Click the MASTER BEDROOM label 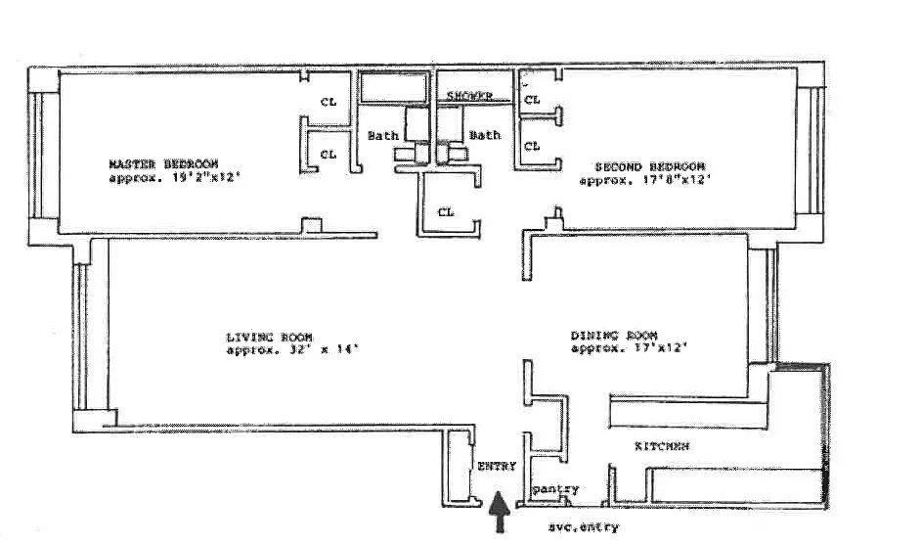click(163, 163)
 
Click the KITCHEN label click(662, 446)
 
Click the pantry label click(556, 489)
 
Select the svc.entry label click(584, 527)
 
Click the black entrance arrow click(500, 511)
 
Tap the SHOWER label click(469, 96)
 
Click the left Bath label click(382, 135)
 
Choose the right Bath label click(484, 135)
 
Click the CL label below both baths click(446, 211)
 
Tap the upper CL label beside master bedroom click(329, 100)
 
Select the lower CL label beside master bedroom click(329, 154)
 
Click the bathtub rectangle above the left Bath click(392, 86)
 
